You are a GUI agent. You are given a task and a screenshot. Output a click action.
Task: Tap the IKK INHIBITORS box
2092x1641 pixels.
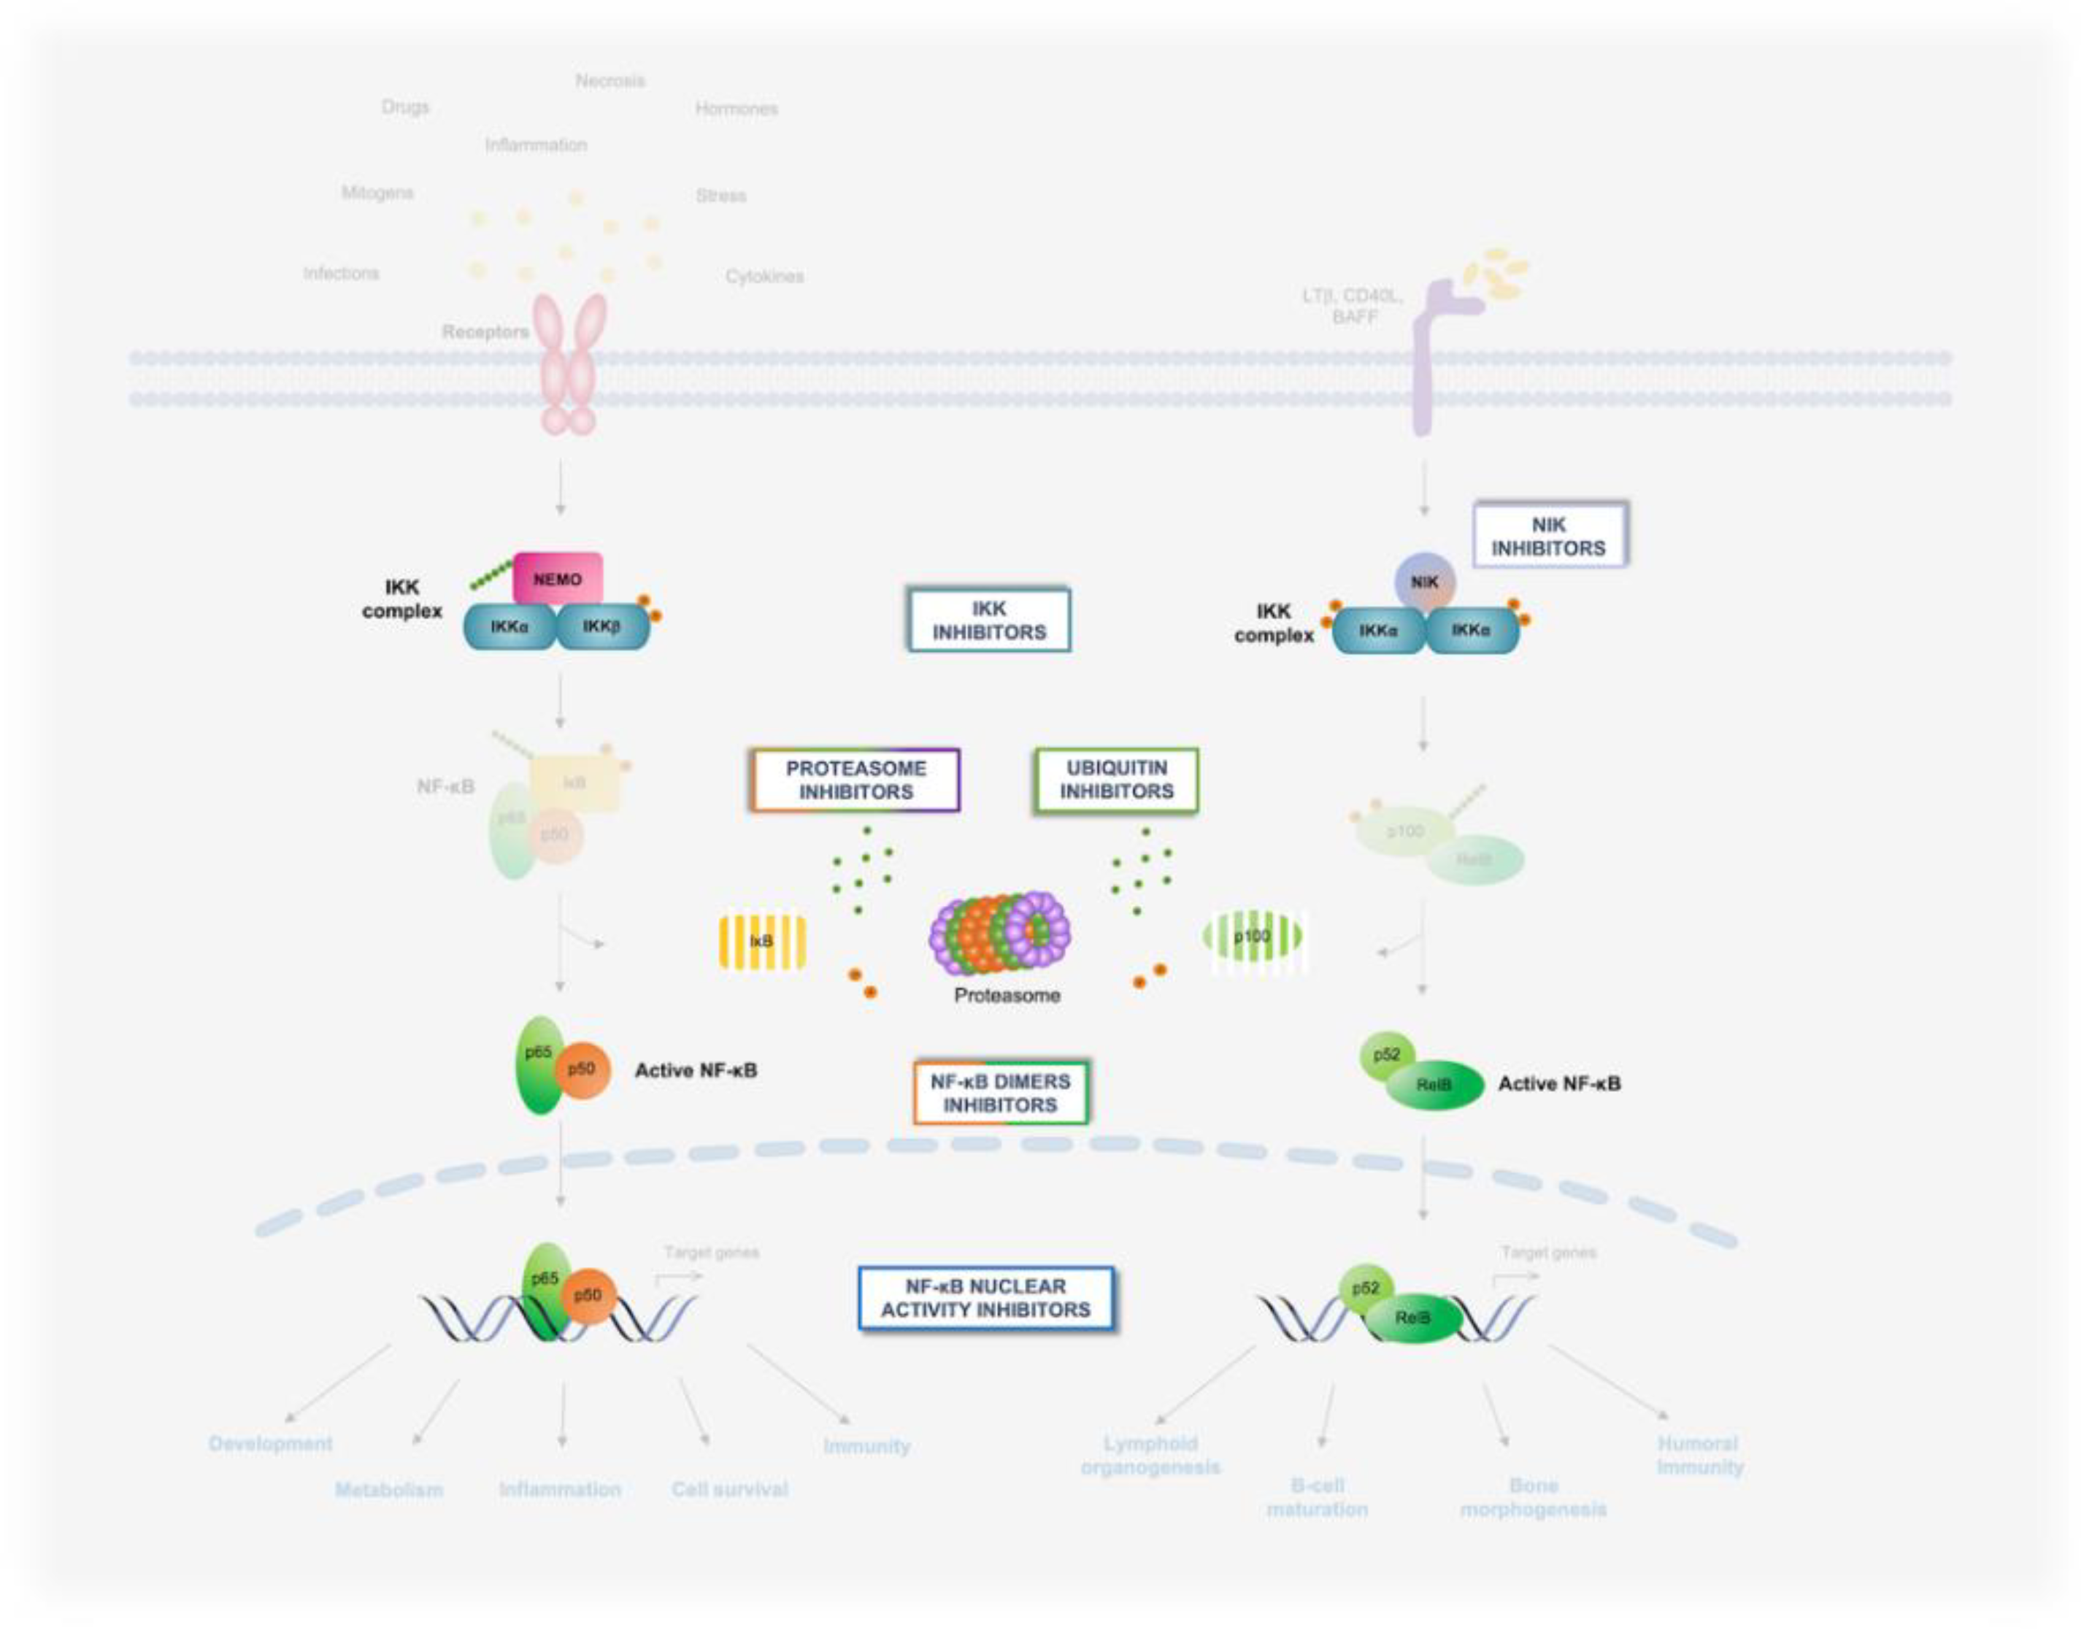coord(988,620)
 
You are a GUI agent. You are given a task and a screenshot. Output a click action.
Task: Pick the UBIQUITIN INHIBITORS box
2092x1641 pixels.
coord(1116,779)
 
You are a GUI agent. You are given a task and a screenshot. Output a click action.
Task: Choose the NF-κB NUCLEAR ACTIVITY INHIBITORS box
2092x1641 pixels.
coord(985,1298)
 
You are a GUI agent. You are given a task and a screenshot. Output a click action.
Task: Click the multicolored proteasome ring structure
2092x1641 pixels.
coord(1001,933)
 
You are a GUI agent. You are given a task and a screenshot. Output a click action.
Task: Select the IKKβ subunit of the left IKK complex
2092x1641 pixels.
coord(602,627)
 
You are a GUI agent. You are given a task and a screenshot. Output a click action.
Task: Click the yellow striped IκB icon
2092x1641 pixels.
coord(761,941)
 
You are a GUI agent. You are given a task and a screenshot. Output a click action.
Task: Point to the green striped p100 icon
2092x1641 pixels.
coord(1253,937)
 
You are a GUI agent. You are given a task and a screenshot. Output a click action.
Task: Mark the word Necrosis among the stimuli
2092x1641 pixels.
coord(610,81)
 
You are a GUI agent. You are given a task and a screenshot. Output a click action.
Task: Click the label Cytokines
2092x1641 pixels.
coord(764,277)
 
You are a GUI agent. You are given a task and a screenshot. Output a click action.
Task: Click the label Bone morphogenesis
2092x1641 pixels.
coord(1533,1497)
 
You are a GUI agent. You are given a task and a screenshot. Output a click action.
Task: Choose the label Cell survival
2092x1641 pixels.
coord(729,1489)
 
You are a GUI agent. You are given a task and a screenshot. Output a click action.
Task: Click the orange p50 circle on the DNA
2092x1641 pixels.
coord(588,1295)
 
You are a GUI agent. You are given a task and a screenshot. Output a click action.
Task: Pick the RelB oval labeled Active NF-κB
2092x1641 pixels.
coord(1434,1085)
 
